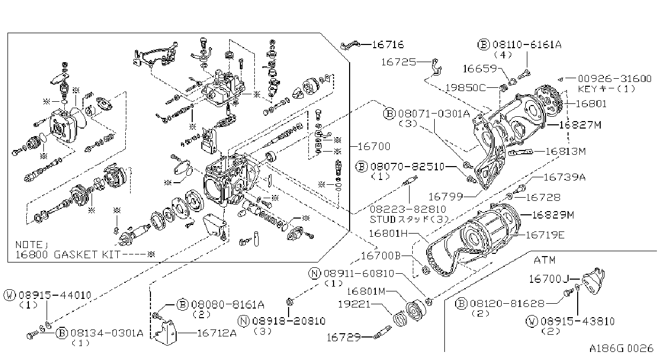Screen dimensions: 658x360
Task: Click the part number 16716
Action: point(388,44)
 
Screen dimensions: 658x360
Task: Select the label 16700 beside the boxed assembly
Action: point(374,146)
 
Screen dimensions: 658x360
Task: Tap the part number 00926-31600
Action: point(615,78)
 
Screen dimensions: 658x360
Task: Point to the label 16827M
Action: point(580,125)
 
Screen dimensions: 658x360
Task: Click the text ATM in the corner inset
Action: point(544,260)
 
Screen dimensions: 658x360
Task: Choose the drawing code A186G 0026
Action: point(621,349)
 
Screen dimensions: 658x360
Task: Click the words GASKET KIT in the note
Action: point(87,254)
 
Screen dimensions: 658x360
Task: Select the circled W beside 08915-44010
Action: point(10,295)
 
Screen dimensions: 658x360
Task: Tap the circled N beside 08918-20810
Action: point(244,321)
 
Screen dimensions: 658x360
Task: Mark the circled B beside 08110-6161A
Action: point(483,44)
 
